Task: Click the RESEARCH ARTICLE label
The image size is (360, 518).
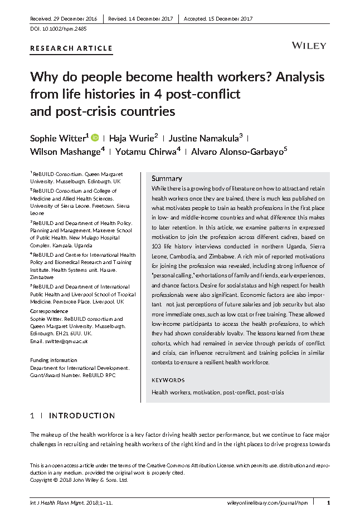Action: [71, 48]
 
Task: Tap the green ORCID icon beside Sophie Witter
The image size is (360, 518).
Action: [95, 137]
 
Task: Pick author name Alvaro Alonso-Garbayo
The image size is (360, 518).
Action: [239, 153]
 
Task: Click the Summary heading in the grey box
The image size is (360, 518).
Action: [167, 178]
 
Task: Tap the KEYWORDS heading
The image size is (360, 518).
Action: [168, 380]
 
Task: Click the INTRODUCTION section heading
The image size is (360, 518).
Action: [82, 416]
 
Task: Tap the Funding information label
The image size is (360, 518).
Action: [53, 360]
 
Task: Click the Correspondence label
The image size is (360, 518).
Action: [49, 311]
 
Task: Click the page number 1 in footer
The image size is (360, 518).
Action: [328, 502]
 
